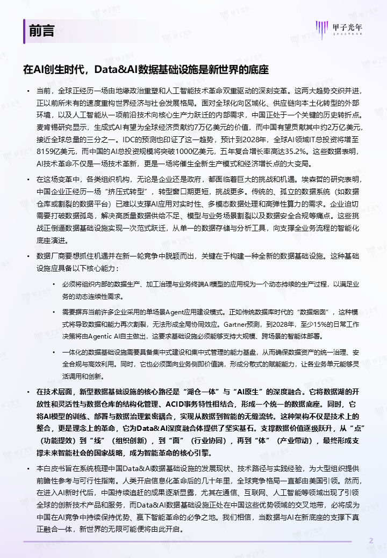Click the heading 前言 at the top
point(41,31)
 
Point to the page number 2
point(370,540)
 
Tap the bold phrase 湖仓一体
point(194,391)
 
